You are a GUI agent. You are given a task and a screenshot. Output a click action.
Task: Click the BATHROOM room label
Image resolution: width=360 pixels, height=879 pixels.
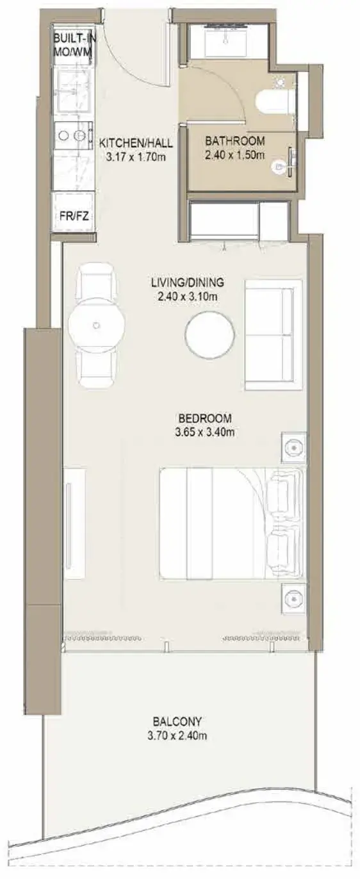[235, 140]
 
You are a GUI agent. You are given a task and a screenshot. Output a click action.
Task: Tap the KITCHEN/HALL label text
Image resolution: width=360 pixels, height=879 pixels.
[136, 142]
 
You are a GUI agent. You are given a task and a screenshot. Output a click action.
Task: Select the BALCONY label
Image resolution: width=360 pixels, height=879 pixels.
[177, 721]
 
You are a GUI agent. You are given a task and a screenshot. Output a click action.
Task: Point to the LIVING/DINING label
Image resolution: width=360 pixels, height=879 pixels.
[188, 282]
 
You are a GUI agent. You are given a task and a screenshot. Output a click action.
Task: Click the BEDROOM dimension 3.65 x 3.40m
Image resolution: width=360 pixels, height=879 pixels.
[205, 432]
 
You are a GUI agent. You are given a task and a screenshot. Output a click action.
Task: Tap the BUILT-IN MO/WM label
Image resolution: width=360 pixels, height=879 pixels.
[74, 45]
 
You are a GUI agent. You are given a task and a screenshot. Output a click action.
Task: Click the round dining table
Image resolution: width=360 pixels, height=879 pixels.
[97, 325]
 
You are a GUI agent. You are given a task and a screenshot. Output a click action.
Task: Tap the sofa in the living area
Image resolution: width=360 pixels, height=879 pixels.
[274, 334]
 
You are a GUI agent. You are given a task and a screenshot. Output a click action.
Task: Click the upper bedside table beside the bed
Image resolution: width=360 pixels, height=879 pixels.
[293, 448]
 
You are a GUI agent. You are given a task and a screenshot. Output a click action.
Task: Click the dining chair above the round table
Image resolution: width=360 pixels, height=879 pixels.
[97, 281]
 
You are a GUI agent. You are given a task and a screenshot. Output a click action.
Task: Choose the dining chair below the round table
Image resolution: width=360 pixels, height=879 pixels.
[97, 370]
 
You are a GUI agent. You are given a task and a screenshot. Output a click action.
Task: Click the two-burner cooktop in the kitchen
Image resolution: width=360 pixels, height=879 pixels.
[74, 135]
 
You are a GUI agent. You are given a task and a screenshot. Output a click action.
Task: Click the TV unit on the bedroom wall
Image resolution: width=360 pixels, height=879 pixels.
[74, 522]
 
